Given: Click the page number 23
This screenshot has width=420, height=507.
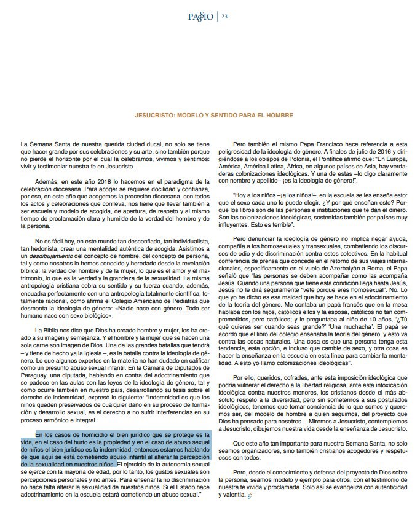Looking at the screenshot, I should [x=225, y=17].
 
